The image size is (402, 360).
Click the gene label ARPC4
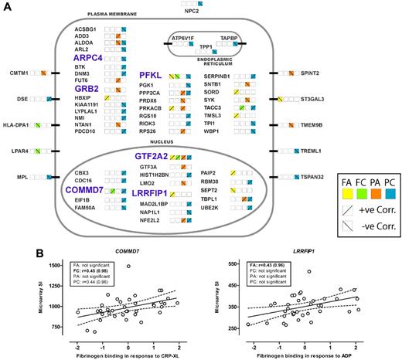pos(90,58)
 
